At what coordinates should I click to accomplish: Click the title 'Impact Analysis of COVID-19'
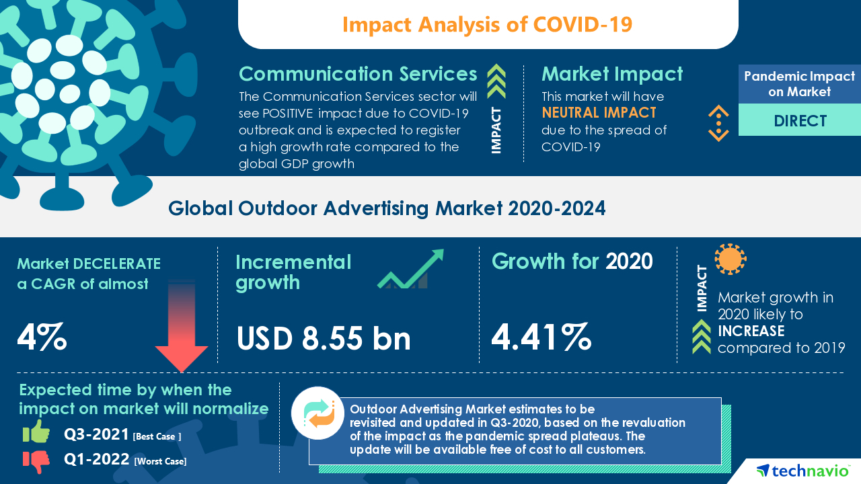click(x=487, y=24)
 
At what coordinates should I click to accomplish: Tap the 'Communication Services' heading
click(x=358, y=74)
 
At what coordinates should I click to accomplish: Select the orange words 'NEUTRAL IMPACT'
click(x=599, y=113)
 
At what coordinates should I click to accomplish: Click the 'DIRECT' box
click(x=800, y=121)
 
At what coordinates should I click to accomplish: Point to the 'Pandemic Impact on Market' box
click(x=800, y=84)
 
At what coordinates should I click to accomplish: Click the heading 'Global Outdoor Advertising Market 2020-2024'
click(x=387, y=208)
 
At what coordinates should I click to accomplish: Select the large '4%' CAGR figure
click(x=42, y=337)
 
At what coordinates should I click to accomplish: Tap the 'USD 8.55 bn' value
click(x=324, y=338)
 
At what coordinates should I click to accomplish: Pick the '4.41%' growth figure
click(x=541, y=337)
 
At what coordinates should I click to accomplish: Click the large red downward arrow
click(x=181, y=329)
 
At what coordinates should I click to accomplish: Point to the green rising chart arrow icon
click(x=410, y=270)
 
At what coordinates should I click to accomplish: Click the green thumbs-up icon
click(x=36, y=432)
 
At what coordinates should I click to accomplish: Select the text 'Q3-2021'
click(x=97, y=435)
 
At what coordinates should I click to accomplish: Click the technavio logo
click(x=800, y=471)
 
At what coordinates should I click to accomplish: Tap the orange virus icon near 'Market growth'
click(x=731, y=259)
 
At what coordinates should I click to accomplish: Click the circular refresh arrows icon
click(x=317, y=413)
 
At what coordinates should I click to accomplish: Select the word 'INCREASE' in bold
click(x=751, y=331)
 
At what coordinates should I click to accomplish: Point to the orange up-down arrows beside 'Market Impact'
click(x=718, y=123)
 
